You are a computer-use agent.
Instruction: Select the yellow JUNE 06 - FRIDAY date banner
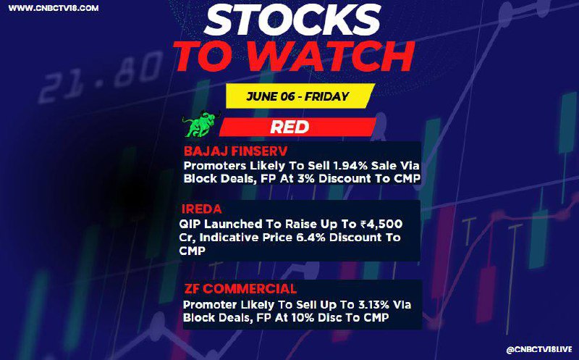click(x=298, y=96)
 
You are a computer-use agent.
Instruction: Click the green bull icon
click(x=201, y=123)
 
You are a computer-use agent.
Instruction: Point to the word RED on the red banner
click(x=289, y=127)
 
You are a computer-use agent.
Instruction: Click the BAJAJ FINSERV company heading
click(x=236, y=151)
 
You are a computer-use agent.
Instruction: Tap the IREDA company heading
click(x=202, y=209)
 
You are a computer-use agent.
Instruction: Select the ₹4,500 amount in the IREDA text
click(x=381, y=225)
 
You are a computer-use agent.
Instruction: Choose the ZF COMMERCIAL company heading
click(x=240, y=289)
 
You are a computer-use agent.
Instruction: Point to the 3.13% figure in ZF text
click(x=373, y=305)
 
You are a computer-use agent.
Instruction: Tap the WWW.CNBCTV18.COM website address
click(x=53, y=8)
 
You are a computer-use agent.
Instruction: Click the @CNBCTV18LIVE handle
click(x=538, y=350)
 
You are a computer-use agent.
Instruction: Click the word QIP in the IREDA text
click(x=190, y=225)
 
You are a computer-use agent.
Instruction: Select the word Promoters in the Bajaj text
click(x=210, y=166)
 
